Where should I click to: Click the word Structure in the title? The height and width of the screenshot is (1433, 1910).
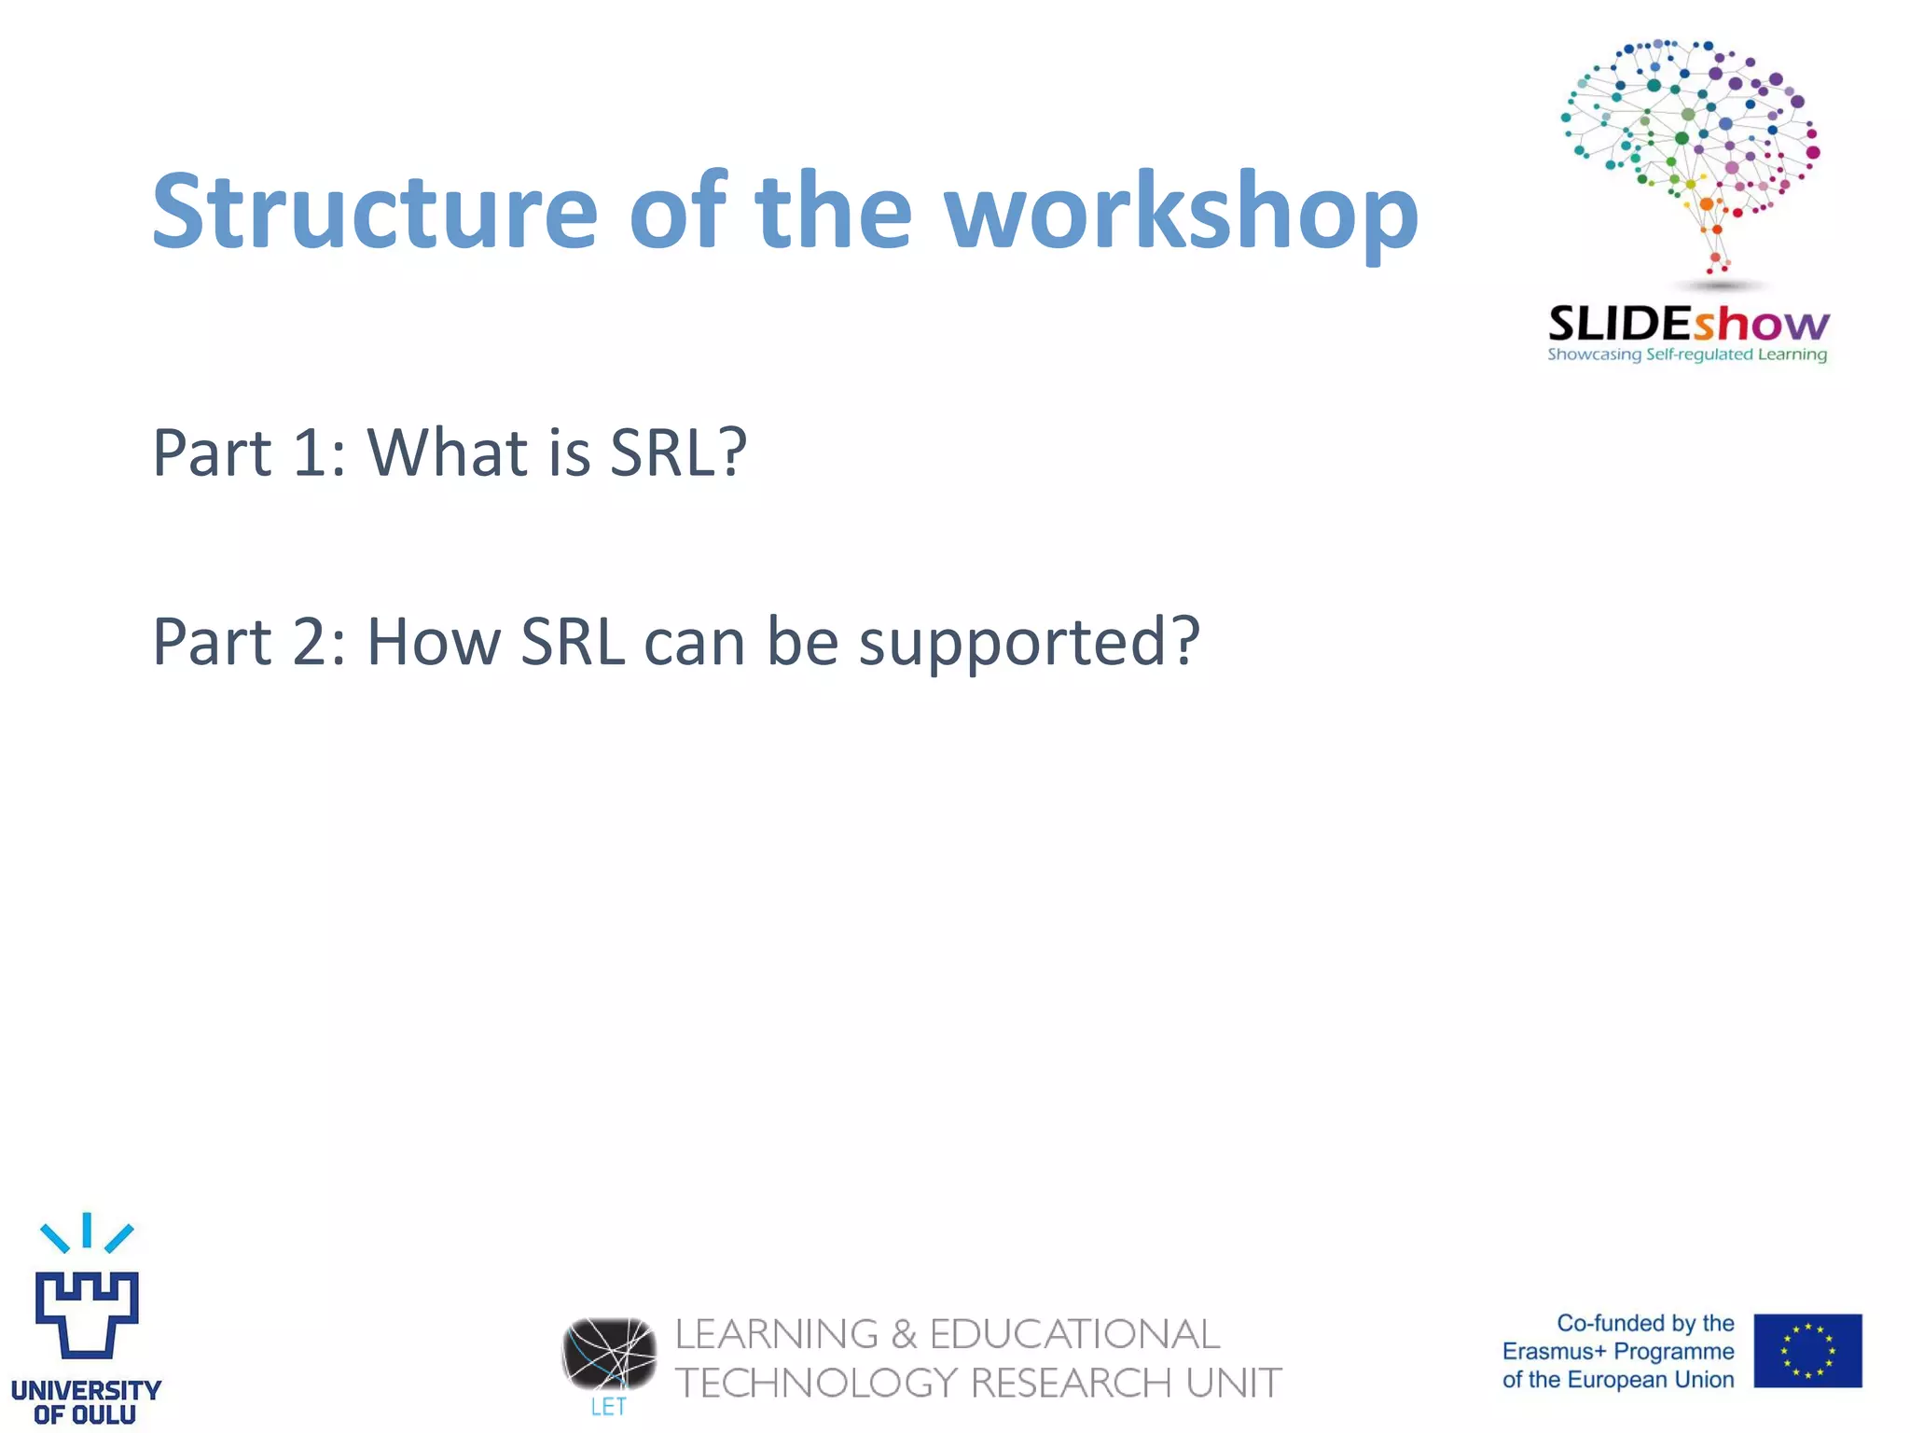pyautogui.click(x=374, y=213)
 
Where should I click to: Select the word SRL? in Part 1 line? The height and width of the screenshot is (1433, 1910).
pyautogui.click(x=678, y=453)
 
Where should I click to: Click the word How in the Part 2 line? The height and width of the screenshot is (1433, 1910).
pyautogui.click(x=434, y=642)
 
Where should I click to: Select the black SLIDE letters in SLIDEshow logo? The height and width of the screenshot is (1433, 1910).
pyautogui.click(x=1620, y=325)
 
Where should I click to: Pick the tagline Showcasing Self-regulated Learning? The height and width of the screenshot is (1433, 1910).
pyautogui.click(x=1687, y=355)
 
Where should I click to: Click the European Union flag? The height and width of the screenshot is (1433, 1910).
pyautogui.click(x=1806, y=1350)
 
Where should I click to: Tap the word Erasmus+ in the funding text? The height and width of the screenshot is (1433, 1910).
pyautogui.click(x=1554, y=1351)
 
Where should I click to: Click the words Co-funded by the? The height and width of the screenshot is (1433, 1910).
pyautogui.click(x=1645, y=1323)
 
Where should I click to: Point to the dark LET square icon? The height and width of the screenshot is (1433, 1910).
pyautogui.click(x=608, y=1353)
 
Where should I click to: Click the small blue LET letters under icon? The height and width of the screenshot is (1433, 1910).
pyautogui.click(x=608, y=1407)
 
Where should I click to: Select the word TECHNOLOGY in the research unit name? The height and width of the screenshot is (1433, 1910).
pyautogui.click(x=816, y=1383)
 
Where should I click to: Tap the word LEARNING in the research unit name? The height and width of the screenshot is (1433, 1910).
pyautogui.click(x=776, y=1334)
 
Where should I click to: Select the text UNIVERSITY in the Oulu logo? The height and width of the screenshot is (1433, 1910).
pyautogui.click(x=86, y=1390)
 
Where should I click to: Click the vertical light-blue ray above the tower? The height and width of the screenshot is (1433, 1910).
pyautogui.click(x=87, y=1230)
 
